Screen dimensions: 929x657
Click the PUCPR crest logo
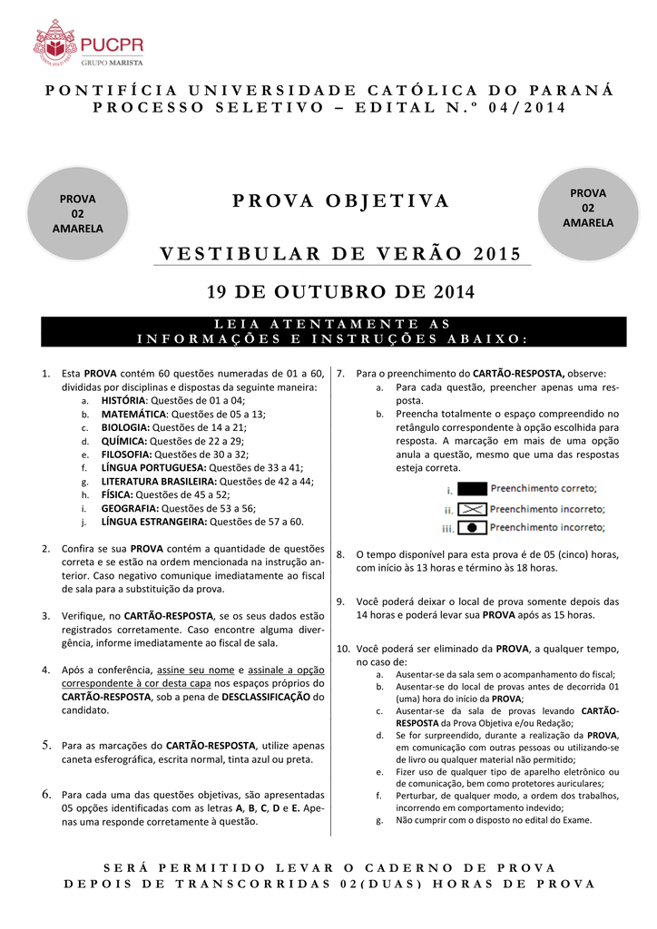[54, 45]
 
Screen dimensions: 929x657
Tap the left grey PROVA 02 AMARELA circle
[77, 213]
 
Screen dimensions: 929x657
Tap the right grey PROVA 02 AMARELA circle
[587, 208]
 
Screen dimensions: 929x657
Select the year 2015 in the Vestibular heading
[498, 253]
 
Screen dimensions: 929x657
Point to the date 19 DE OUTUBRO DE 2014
[340, 292]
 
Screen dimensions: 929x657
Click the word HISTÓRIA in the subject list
[123, 400]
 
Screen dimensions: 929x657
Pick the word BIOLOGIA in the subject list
[125, 427]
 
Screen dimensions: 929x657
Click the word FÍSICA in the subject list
[117, 494]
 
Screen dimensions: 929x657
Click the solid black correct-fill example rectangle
[472, 488]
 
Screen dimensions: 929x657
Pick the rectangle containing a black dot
[472, 527]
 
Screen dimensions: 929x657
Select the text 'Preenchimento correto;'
[544, 488]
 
